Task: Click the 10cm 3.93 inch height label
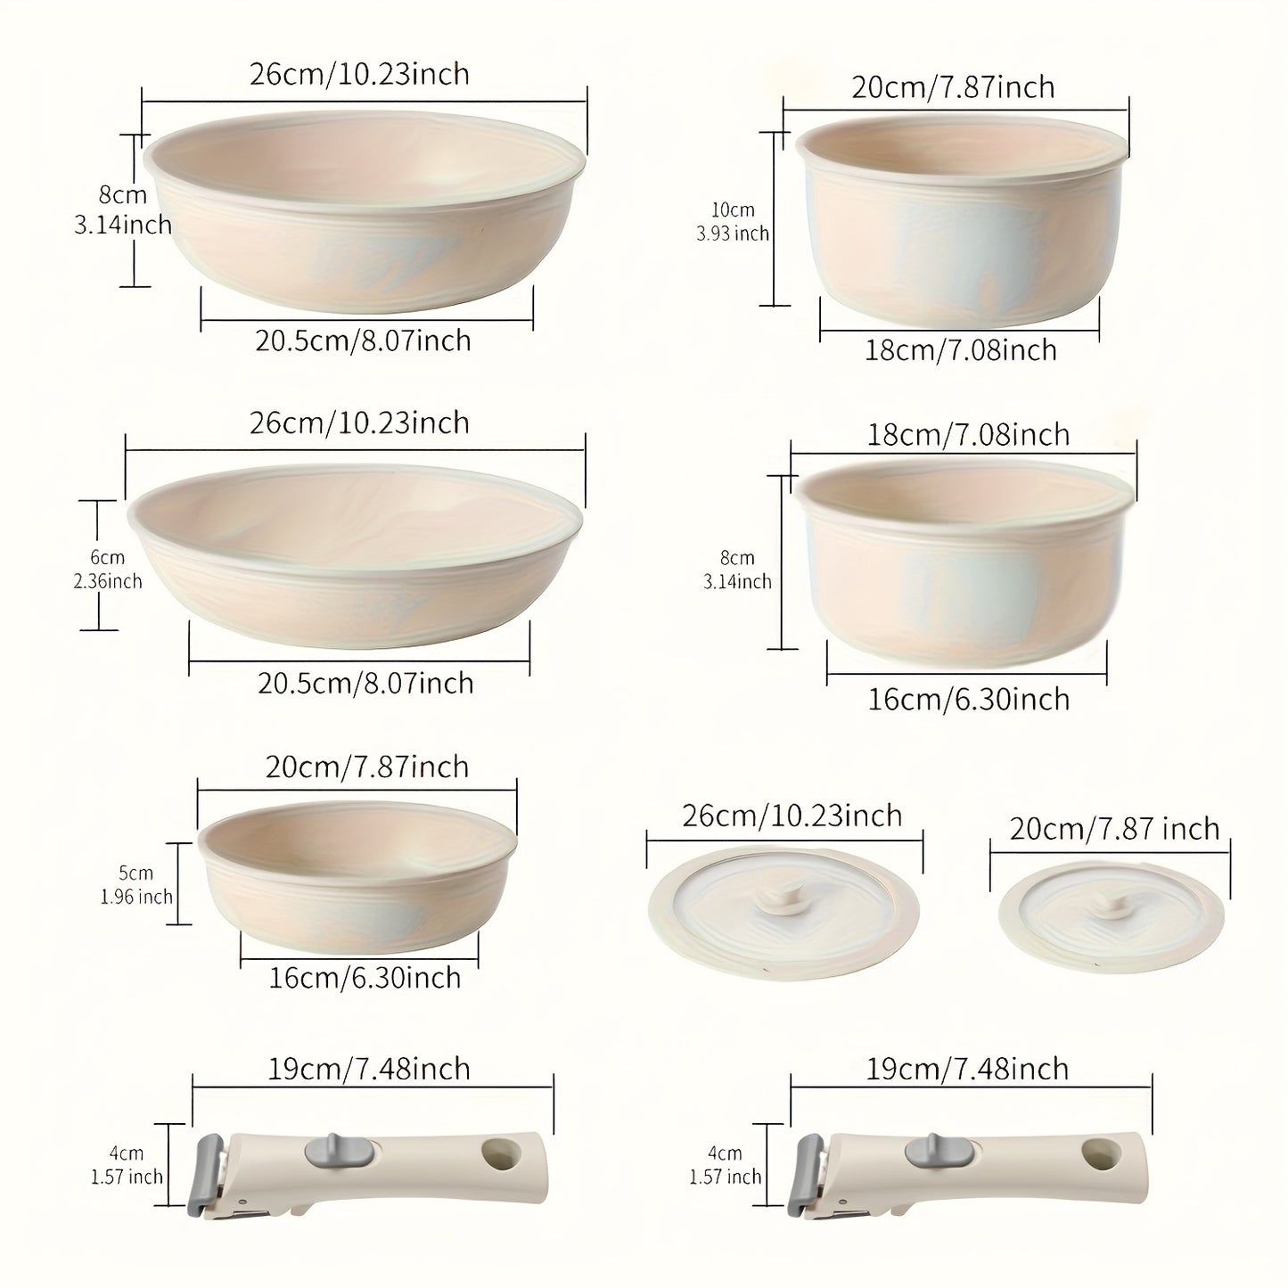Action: coord(733,221)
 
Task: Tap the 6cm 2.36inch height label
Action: coord(108,569)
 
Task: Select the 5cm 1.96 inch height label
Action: coord(136,884)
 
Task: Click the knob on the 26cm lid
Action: coord(783,895)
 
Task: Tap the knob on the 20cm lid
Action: coord(1112,905)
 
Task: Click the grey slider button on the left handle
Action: coord(339,1148)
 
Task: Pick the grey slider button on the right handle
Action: coord(939,1148)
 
